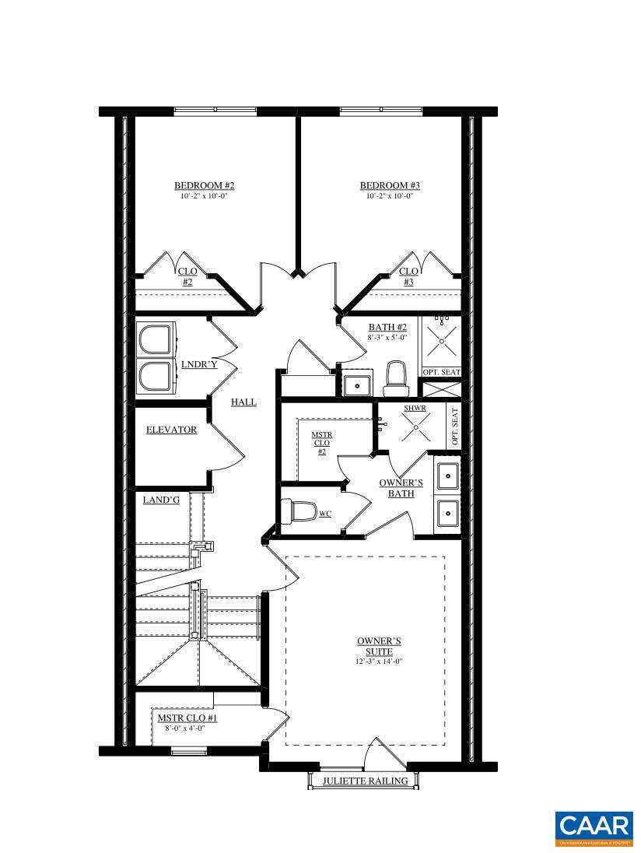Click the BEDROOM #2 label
[204, 185]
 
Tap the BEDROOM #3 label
[390, 185]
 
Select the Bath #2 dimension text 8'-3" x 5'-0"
[387, 339]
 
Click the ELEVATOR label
[171, 430]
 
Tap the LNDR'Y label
[198, 364]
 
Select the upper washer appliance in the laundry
[155, 341]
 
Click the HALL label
[243, 402]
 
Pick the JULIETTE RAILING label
[365, 781]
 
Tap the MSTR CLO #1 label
[187, 718]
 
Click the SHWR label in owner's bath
[415, 408]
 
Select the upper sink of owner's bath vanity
[447, 475]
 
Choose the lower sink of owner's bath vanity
[447, 513]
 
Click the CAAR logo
[594, 828]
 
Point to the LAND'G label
[161, 500]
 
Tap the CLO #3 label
[408, 276]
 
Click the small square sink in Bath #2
[358, 384]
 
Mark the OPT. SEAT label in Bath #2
[440, 372]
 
